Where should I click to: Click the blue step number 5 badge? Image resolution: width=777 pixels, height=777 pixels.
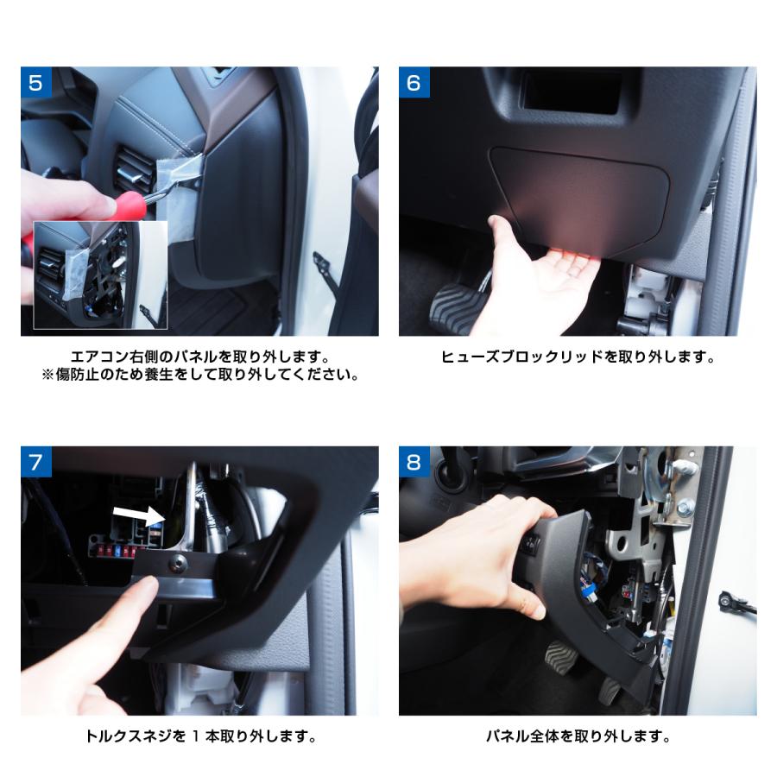pos(36,82)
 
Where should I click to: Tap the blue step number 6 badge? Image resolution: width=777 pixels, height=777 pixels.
pos(414,82)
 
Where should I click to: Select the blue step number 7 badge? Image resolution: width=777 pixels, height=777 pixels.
pos(36,462)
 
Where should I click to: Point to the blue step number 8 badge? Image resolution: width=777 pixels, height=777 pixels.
pos(414,462)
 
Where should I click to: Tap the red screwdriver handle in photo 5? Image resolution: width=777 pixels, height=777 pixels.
pos(127,206)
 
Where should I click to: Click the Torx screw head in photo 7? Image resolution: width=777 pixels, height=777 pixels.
pos(178,561)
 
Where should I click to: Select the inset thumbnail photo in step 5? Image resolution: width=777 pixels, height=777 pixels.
pos(101,275)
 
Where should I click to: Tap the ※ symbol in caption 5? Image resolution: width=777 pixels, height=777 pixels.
pos(47,375)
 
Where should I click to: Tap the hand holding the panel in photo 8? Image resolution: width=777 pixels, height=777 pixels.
pos(476,555)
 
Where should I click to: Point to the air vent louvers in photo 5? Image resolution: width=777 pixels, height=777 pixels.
pos(132,168)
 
